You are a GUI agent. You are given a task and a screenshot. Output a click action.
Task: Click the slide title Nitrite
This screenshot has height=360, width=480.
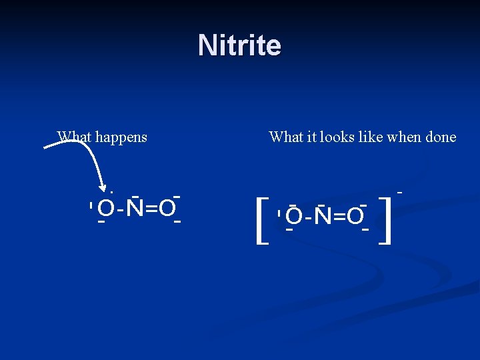click(x=239, y=46)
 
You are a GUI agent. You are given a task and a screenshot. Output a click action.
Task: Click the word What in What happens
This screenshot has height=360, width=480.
click(x=74, y=137)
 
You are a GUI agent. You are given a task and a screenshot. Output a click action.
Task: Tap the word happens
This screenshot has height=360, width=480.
click(x=121, y=138)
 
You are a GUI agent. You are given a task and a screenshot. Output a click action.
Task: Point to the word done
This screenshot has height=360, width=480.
click(x=439, y=137)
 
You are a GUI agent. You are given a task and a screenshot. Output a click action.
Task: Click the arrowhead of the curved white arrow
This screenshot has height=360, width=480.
click(x=103, y=186)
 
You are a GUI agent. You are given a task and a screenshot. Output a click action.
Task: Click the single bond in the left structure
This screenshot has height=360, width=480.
click(x=120, y=210)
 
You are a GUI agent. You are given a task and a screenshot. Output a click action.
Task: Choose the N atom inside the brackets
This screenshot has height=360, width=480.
click(x=323, y=216)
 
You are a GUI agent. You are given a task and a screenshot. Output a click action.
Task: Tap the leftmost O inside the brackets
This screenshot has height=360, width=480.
click(x=294, y=216)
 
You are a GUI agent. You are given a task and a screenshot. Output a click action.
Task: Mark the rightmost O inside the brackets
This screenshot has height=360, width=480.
click(x=355, y=216)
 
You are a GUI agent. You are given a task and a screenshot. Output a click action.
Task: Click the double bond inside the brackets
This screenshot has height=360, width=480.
click(x=339, y=216)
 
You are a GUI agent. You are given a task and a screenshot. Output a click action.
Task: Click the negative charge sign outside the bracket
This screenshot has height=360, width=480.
click(x=400, y=192)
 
